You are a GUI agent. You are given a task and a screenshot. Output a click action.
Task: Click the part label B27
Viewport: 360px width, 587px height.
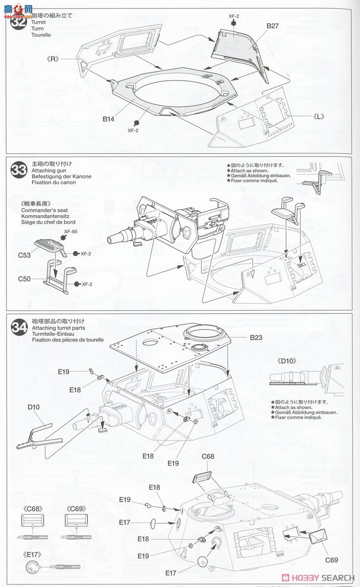point(272,26)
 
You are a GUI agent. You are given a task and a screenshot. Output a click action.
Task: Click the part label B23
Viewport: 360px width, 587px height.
point(256,337)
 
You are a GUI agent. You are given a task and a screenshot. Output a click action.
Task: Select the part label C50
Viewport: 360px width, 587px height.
point(24,279)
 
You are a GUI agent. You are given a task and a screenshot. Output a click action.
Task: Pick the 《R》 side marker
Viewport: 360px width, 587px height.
point(49,59)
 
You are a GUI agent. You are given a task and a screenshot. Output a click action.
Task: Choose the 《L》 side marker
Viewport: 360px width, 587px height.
point(321,116)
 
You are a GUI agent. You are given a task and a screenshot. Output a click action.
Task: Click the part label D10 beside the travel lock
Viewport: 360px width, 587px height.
point(34,407)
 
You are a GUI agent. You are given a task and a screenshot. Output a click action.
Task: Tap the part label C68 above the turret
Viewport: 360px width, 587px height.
point(208,457)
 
